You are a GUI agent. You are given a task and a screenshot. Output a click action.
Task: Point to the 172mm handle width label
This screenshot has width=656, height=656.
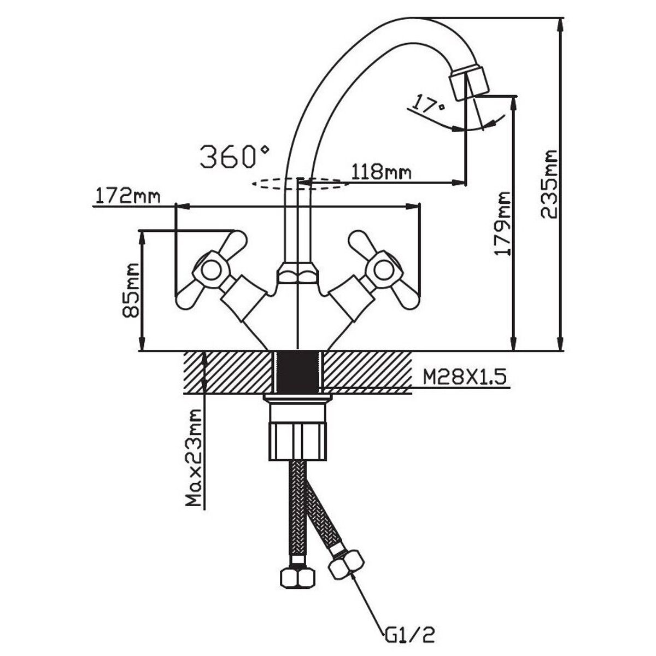(x=127, y=196)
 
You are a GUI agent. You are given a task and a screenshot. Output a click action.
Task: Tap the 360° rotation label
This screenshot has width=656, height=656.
(x=234, y=156)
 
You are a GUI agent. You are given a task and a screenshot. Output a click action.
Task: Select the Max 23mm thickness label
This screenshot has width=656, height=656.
(x=193, y=465)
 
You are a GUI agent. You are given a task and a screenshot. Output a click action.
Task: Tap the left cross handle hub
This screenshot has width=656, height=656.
(x=208, y=268)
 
